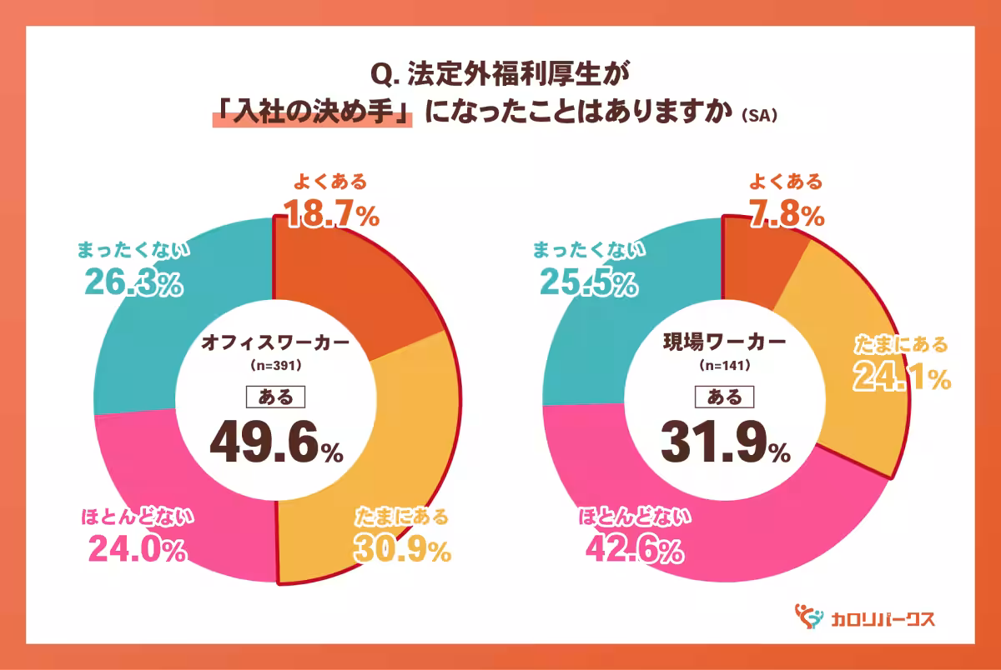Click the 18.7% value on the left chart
pyautogui.click(x=331, y=215)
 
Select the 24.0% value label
pyautogui.click(x=136, y=550)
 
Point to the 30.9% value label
pyautogui.click(x=403, y=549)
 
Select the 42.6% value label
pyautogui.click(x=633, y=550)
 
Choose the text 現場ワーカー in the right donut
pyautogui.click(x=724, y=342)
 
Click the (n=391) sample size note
pyautogui.click(x=275, y=366)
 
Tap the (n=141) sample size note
pyautogui.click(x=724, y=366)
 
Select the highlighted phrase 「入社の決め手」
pyautogui.click(x=313, y=112)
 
